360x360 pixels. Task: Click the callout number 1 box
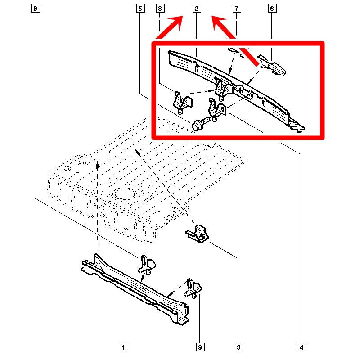[123, 347]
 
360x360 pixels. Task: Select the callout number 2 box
[197, 9]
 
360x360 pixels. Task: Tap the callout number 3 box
[239, 347]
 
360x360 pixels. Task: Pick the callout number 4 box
[302, 347]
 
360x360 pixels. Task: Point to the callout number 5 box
[140, 9]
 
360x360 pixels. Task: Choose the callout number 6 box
[272, 9]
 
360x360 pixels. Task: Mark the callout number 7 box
[237, 9]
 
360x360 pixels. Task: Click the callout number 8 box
[160, 9]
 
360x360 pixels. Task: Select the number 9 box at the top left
[36, 9]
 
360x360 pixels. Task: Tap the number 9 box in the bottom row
[200, 347]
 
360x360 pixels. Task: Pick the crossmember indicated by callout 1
[135, 289]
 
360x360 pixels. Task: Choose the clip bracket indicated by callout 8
[182, 103]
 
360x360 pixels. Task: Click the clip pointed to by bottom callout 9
[193, 288]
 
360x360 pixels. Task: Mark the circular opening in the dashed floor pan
[125, 194]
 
